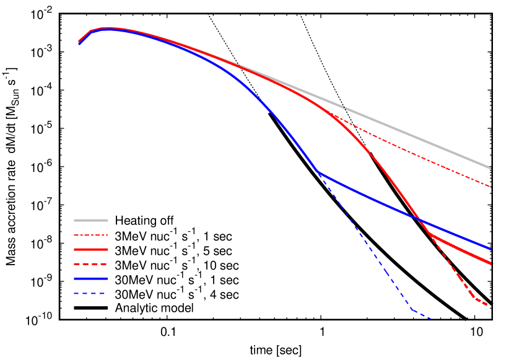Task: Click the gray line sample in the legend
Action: [x=90, y=221]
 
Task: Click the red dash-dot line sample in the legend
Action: [x=90, y=235]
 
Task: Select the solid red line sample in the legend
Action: [x=90, y=250]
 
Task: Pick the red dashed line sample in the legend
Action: [x=90, y=264]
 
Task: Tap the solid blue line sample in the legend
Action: [x=90, y=279]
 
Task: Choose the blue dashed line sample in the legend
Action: [x=90, y=294]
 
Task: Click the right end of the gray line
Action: [x=490, y=168]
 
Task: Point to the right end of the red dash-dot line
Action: [x=490, y=187]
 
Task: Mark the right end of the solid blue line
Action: [x=490, y=248]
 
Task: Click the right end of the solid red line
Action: [x=490, y=263]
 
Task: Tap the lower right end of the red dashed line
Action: [x=488, y=305]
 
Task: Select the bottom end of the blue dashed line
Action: [x=430, y=318]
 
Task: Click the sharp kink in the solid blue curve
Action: [x=318, y=172]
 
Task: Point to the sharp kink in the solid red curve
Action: [x=429, y=234]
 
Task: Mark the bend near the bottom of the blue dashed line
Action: [x=412, y=310]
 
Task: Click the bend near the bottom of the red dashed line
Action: [x=475, y=298]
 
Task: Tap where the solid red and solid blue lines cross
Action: [x=420, y=220]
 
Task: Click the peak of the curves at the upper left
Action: [x=108, y=29]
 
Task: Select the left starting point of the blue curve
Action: [x=79, y=44]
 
